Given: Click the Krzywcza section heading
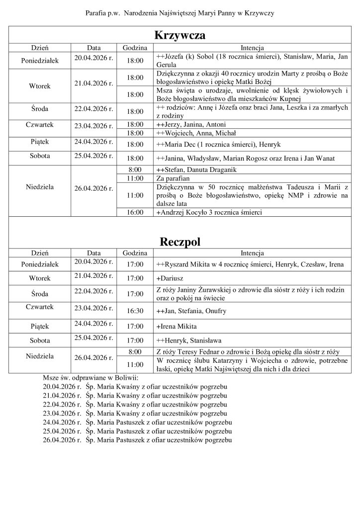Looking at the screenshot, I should pyautogui.click(x=180, y=36).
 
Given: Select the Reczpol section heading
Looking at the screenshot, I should pyautogui.click(x=180, y=242).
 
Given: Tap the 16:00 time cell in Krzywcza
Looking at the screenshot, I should pyautogui.click(x=135, y=212).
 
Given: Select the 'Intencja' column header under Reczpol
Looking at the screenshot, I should pyautogui.click(x=252, y=253).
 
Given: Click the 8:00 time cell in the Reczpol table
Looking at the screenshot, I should pyautogui.click(x=135, y=351).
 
